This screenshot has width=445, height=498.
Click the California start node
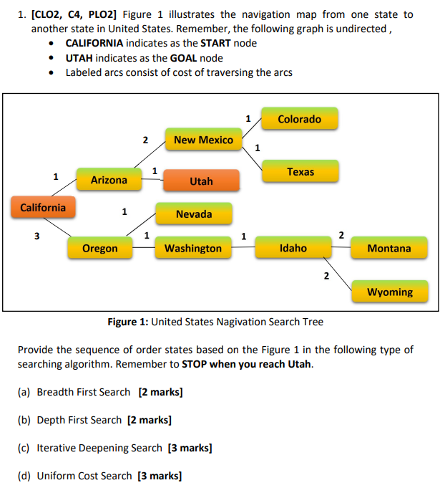click(x=43, y=208)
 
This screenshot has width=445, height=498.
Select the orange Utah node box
click(x=201, y=181)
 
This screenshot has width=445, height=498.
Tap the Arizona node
click(x=109, y=180)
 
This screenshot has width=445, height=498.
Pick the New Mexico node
click(x=203, y=140)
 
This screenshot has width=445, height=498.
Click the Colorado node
click(x=299, y=119)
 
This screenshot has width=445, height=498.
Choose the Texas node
click(x=300, y=172)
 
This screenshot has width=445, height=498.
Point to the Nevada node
click(x=194, y=214)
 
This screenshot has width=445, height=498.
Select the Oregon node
click(x=99, y=248)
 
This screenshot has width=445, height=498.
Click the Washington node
click(x=193, y=248)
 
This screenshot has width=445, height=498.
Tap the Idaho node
click(x=293, y=248)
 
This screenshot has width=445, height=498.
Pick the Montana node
click(x=389, y=248)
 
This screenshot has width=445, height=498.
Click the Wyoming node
click(x=390, y=292)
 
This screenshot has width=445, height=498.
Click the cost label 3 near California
click(x=38, y=236)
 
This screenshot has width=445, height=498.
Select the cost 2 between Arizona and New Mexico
click(x=145, y=140)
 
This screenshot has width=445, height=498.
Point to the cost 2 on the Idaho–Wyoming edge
click(x=326, y=275)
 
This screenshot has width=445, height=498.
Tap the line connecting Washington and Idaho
click(x=243, y=248)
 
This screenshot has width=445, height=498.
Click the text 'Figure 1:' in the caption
click(x=127, y=322)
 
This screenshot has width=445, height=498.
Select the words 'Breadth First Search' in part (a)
click(x=84, y=392)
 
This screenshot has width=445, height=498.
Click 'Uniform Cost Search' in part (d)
click(x=84, y=476)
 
